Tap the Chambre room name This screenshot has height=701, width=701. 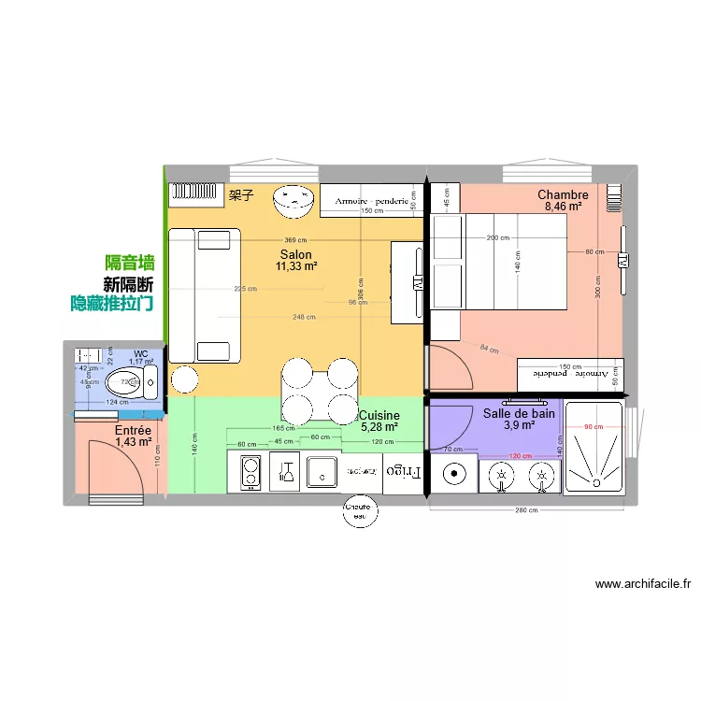[563, 194]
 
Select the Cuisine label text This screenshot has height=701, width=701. [379, 415]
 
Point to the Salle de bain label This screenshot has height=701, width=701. [520, 412]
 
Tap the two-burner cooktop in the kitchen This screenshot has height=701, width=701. [250, 471]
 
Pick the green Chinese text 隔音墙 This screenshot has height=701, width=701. [130, 264]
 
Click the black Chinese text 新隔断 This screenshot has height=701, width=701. [128, 284]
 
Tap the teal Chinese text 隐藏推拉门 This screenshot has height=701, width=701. [112, 304]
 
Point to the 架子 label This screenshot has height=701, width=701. [241, 195]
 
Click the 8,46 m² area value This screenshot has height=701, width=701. [563, 207]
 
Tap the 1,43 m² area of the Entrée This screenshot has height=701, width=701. [133, 442]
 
